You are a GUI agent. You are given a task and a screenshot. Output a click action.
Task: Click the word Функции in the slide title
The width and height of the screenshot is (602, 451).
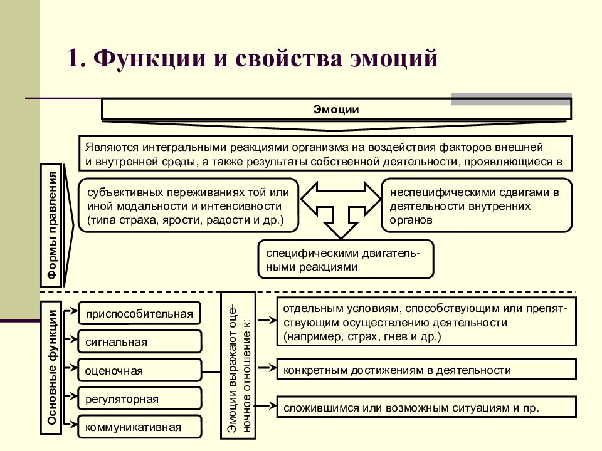click(x=149, y=58)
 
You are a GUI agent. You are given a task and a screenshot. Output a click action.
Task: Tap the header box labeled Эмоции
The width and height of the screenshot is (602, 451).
click(x=336, y=109)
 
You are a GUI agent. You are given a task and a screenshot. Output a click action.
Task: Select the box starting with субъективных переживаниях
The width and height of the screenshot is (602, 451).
click(x=188, y=205)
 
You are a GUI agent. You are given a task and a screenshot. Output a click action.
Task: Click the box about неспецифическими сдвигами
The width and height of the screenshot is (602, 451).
click(x=477, y=205)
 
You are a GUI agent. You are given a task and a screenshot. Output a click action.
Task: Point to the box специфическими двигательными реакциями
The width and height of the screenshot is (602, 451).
click(x=346, y=259)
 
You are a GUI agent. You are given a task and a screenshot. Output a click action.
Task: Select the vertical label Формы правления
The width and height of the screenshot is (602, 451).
click(x=51, y=225)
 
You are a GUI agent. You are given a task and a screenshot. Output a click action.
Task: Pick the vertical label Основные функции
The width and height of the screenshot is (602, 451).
click(x=51, y=368)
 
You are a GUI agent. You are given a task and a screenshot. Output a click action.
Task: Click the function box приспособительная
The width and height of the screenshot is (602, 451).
click(x=139, y=313)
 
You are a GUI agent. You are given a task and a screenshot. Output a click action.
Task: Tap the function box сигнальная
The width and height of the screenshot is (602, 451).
click(x=139, y=341)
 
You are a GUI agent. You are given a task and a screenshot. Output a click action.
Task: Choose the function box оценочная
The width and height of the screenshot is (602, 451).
click(x=139, y=370)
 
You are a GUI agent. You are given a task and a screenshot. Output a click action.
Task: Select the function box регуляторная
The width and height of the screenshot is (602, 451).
click(x=139, y=398)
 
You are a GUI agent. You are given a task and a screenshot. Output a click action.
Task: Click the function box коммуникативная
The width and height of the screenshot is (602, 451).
click(x=139, y=427)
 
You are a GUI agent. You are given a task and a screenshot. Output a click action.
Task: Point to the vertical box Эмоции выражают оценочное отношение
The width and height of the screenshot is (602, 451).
click(x=238, y=365)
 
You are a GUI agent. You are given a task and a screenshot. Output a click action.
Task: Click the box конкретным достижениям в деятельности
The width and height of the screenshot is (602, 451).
click(x=426, y=370)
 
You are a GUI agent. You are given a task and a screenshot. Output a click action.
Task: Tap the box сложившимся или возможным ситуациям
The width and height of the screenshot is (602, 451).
click(x=426, y=407)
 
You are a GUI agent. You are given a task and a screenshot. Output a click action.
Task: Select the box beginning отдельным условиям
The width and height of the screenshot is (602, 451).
click(x=426, y=322)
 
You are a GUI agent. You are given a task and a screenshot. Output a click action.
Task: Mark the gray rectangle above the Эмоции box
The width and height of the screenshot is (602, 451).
click(x=512, y=99)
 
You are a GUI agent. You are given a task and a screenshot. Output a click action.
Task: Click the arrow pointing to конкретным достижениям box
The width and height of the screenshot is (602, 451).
click(x=267, y=368)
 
